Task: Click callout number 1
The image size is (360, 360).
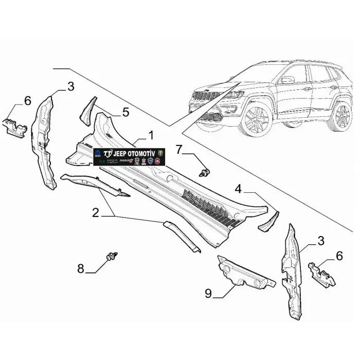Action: point(151,135)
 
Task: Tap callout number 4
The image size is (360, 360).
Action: point(238,189)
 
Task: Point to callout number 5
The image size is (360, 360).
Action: point(125,112)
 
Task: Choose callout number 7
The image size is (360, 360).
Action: point(178,150)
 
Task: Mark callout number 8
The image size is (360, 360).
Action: point(81,268)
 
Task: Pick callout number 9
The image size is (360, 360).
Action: point(208,294)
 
